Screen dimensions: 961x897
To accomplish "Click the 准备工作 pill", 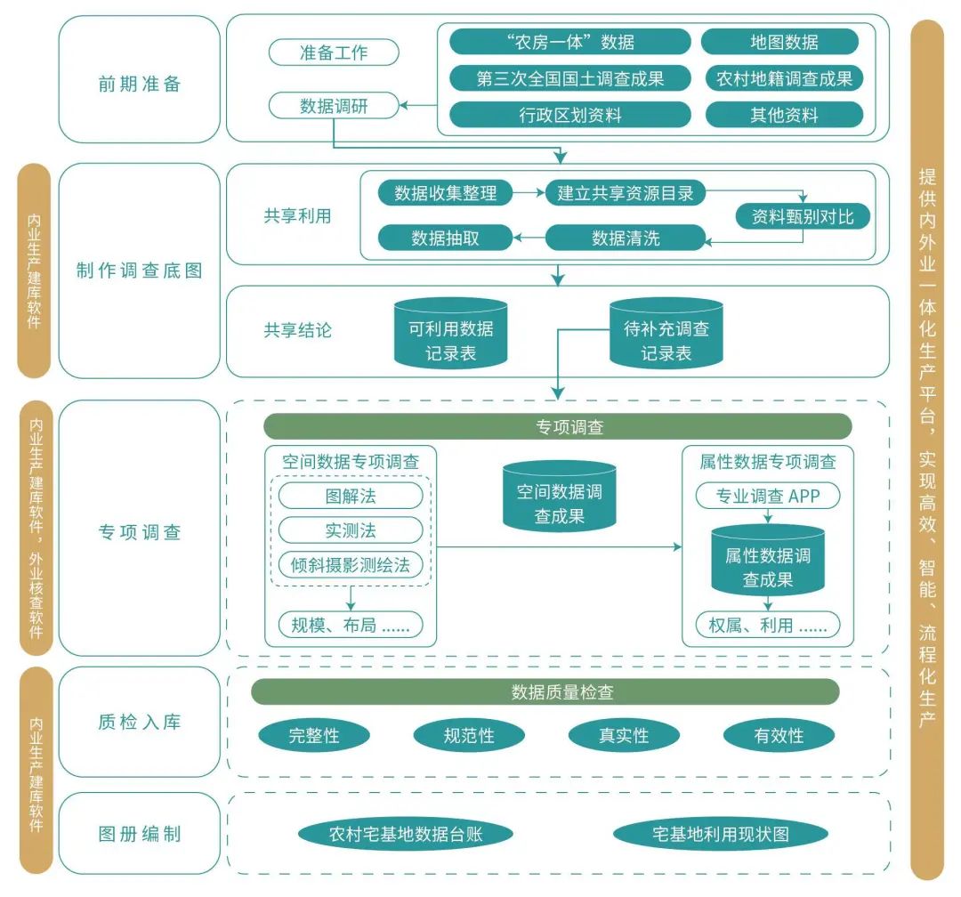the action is click(x=334, y=53).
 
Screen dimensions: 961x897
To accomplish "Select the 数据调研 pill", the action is click(x=334, y=107).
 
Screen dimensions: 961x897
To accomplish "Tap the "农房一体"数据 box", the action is click(x=569, y=42).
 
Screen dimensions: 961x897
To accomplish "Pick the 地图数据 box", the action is click(x=779, y=42).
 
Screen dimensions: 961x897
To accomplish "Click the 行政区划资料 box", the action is click(x=569, y=115).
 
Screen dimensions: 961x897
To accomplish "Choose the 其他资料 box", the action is click(x=784, y=115).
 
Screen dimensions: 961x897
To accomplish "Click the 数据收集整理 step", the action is click(x=445, y=193).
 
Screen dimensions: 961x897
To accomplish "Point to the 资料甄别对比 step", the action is click(x=804, y=216).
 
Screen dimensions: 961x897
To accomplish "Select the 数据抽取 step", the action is click(x=445, y=238).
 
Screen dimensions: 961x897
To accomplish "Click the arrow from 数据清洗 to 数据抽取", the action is click(x=529, y=238).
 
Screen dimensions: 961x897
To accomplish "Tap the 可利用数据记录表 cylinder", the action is click(x=450, y=336).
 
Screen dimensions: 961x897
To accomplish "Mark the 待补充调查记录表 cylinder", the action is click(x=666, y=336).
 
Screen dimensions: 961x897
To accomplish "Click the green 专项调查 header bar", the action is click(x=557, y=427).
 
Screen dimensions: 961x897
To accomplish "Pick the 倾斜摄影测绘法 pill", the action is click(x=351, y=565).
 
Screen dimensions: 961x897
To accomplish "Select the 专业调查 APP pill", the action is click(x=766, y=497).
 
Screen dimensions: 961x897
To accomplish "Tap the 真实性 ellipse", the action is click(x=623, y=736).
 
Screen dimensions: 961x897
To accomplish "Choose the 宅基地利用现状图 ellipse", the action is click(x=720, y=835).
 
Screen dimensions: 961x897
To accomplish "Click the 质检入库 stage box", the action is click(x=139, y=722).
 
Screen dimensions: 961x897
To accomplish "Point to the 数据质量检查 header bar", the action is click(x=545, y=692).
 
